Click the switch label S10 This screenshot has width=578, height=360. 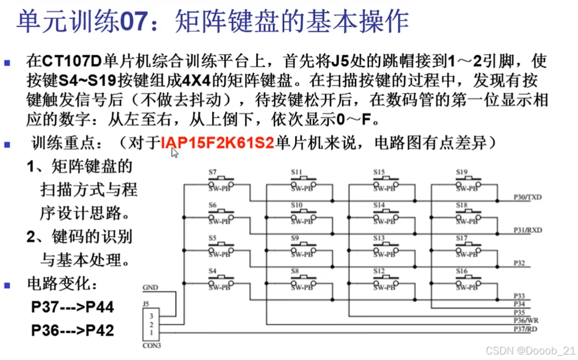pos(296,205)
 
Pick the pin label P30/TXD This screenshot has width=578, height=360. pos(527,197)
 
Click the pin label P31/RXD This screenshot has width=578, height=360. pos(527,230)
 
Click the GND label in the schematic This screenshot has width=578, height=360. pos(150,287)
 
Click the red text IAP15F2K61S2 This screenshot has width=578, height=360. pos(218,144)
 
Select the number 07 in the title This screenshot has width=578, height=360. pos(132,22)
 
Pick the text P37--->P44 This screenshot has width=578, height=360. pos(72,307)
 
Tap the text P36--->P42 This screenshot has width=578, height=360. pos(72,331)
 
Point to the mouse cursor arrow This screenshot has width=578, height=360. pos(174,152)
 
